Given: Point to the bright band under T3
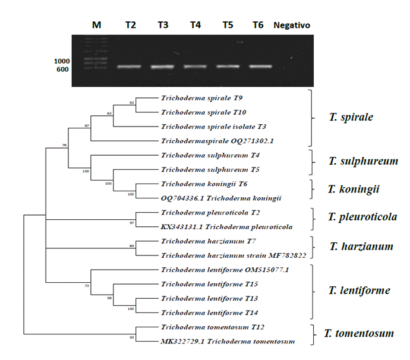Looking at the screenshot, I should click(x=163, y=67).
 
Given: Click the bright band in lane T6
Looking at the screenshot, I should click(x=260, y=66).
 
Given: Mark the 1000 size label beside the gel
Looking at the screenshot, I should click(x=62, y=61).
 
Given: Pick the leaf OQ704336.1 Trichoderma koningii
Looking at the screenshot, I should click(x=221, y=198).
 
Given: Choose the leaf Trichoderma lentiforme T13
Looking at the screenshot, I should click(x=200, y=298).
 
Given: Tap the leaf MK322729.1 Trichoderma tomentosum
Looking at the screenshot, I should click(x=228, y=341).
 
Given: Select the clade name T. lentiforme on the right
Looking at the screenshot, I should click(x=359, y=290).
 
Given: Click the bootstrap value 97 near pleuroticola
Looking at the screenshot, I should click(x=132, y=223).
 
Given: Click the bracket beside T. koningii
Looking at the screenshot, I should click(x=311, y=189).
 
